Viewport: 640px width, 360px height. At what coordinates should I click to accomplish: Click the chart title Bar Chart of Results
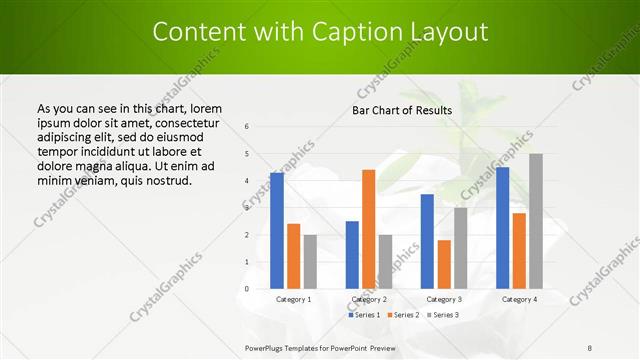[x=402, y=110]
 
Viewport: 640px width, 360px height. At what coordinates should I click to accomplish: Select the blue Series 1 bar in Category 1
[x=277, y=230]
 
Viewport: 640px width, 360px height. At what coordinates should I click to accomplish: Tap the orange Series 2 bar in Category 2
[x=368, y=229]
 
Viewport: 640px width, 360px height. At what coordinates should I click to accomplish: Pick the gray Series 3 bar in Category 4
[x=536, y=221]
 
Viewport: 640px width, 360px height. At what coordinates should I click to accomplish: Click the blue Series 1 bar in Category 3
[x=427, y=241]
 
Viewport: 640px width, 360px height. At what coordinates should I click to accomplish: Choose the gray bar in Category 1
[x=310, y=261]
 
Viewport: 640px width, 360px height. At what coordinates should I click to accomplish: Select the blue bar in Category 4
[x=502, y=227]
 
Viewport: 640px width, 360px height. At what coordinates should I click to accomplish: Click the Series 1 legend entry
[x=363, y=315]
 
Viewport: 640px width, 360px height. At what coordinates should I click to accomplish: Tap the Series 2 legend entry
[x=402, y=315]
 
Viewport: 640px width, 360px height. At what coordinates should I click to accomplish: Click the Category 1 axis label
[x=293, y=299]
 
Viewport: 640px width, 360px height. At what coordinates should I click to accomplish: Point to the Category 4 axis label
[x=519, y=299]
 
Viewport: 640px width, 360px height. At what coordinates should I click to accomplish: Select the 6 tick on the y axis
[x=247, y=127]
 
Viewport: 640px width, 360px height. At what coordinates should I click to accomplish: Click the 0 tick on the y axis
[x=247, y=289]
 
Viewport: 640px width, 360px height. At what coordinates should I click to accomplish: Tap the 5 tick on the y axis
[x=247, y=154]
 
